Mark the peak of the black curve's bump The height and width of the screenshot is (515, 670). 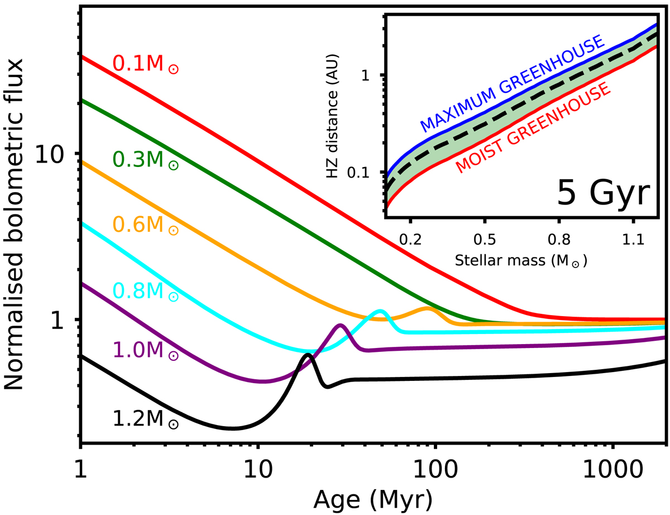point(307,355)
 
